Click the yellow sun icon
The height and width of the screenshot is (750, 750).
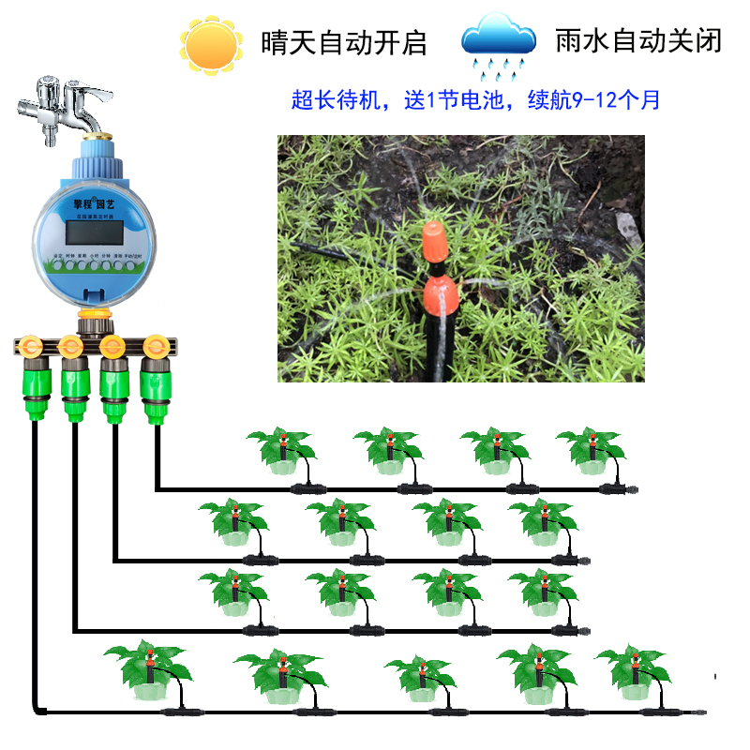pyautogui.click(x=207, y=44)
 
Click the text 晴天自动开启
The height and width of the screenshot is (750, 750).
pyautogui.click(x=344, y=43)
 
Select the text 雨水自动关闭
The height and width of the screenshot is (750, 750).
pyautogui.click(x=638, y=42)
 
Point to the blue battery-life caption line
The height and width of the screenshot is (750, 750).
pyautogui.click(x=475, y=99)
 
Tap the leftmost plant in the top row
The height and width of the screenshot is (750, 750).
pyautogui.click(x=280, y=449)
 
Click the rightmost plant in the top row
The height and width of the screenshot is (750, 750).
pyautogui.click(x=591, y=449)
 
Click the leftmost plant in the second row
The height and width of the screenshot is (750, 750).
pyautogui.click(x=232, y=521)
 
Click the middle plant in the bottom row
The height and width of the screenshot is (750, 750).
pyautogui.click(x=420, y=677)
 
